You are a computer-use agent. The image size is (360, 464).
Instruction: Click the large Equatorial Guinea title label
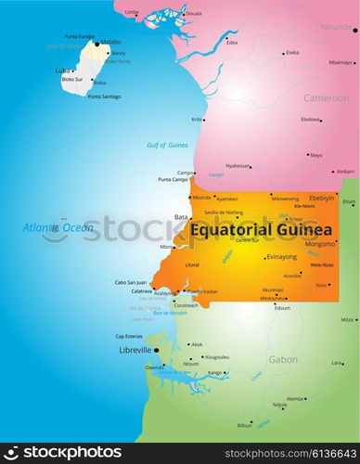[261, 229]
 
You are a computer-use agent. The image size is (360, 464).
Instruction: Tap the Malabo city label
[110, 42]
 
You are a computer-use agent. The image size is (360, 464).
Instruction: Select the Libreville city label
[135, 350]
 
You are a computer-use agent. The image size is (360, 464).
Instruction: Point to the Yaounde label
[336, 27]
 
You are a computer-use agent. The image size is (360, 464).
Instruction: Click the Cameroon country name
[326, 97]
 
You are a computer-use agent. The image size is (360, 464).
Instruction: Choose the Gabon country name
[283, 359]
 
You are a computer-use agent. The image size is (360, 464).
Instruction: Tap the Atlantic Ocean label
[58, 227]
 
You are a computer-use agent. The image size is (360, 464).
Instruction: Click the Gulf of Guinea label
[167, 145]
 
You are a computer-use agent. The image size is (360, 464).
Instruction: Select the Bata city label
[181, 217]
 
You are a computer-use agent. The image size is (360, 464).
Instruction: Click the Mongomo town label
[320, 244]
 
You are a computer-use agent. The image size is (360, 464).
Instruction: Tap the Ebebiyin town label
[322, 198]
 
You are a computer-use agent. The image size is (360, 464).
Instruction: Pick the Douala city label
[193, 14]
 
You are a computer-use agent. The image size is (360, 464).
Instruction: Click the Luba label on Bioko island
[62, 71]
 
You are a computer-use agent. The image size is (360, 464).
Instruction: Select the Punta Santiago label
[104, 97]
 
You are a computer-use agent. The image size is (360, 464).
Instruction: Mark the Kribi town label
[197, 119]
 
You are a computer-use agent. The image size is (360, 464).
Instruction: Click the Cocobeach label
[186, 304]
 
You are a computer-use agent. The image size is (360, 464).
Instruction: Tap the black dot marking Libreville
[156, 350]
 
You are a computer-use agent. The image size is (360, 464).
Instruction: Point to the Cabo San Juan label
[130, 282]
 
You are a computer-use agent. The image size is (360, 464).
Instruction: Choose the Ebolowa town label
[310, 119]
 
